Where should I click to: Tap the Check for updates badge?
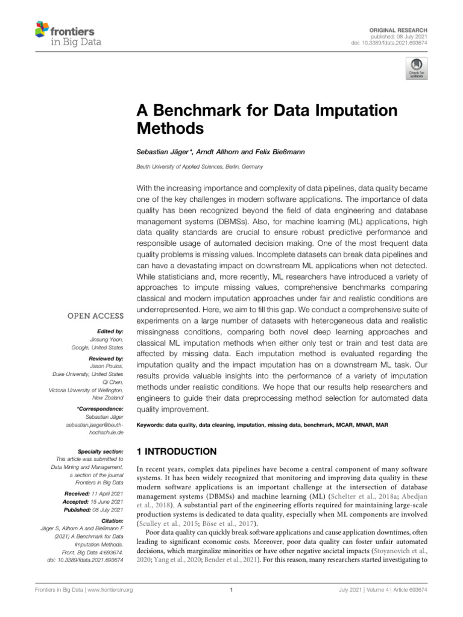[416, 69]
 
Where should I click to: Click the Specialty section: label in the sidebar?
[101, 451]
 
